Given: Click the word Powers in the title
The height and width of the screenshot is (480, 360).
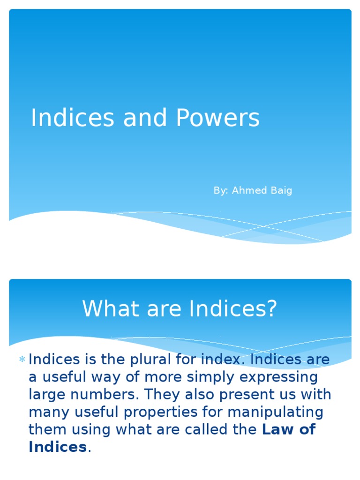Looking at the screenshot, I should tap(217, 118).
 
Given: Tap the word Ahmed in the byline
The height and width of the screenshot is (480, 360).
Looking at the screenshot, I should tap(247, 190).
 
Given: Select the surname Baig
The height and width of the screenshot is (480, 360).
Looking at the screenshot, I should tap(281, 191).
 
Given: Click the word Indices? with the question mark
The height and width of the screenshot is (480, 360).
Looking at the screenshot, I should tap(233, 309).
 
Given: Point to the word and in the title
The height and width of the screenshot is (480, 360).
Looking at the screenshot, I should tap(144, 118).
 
